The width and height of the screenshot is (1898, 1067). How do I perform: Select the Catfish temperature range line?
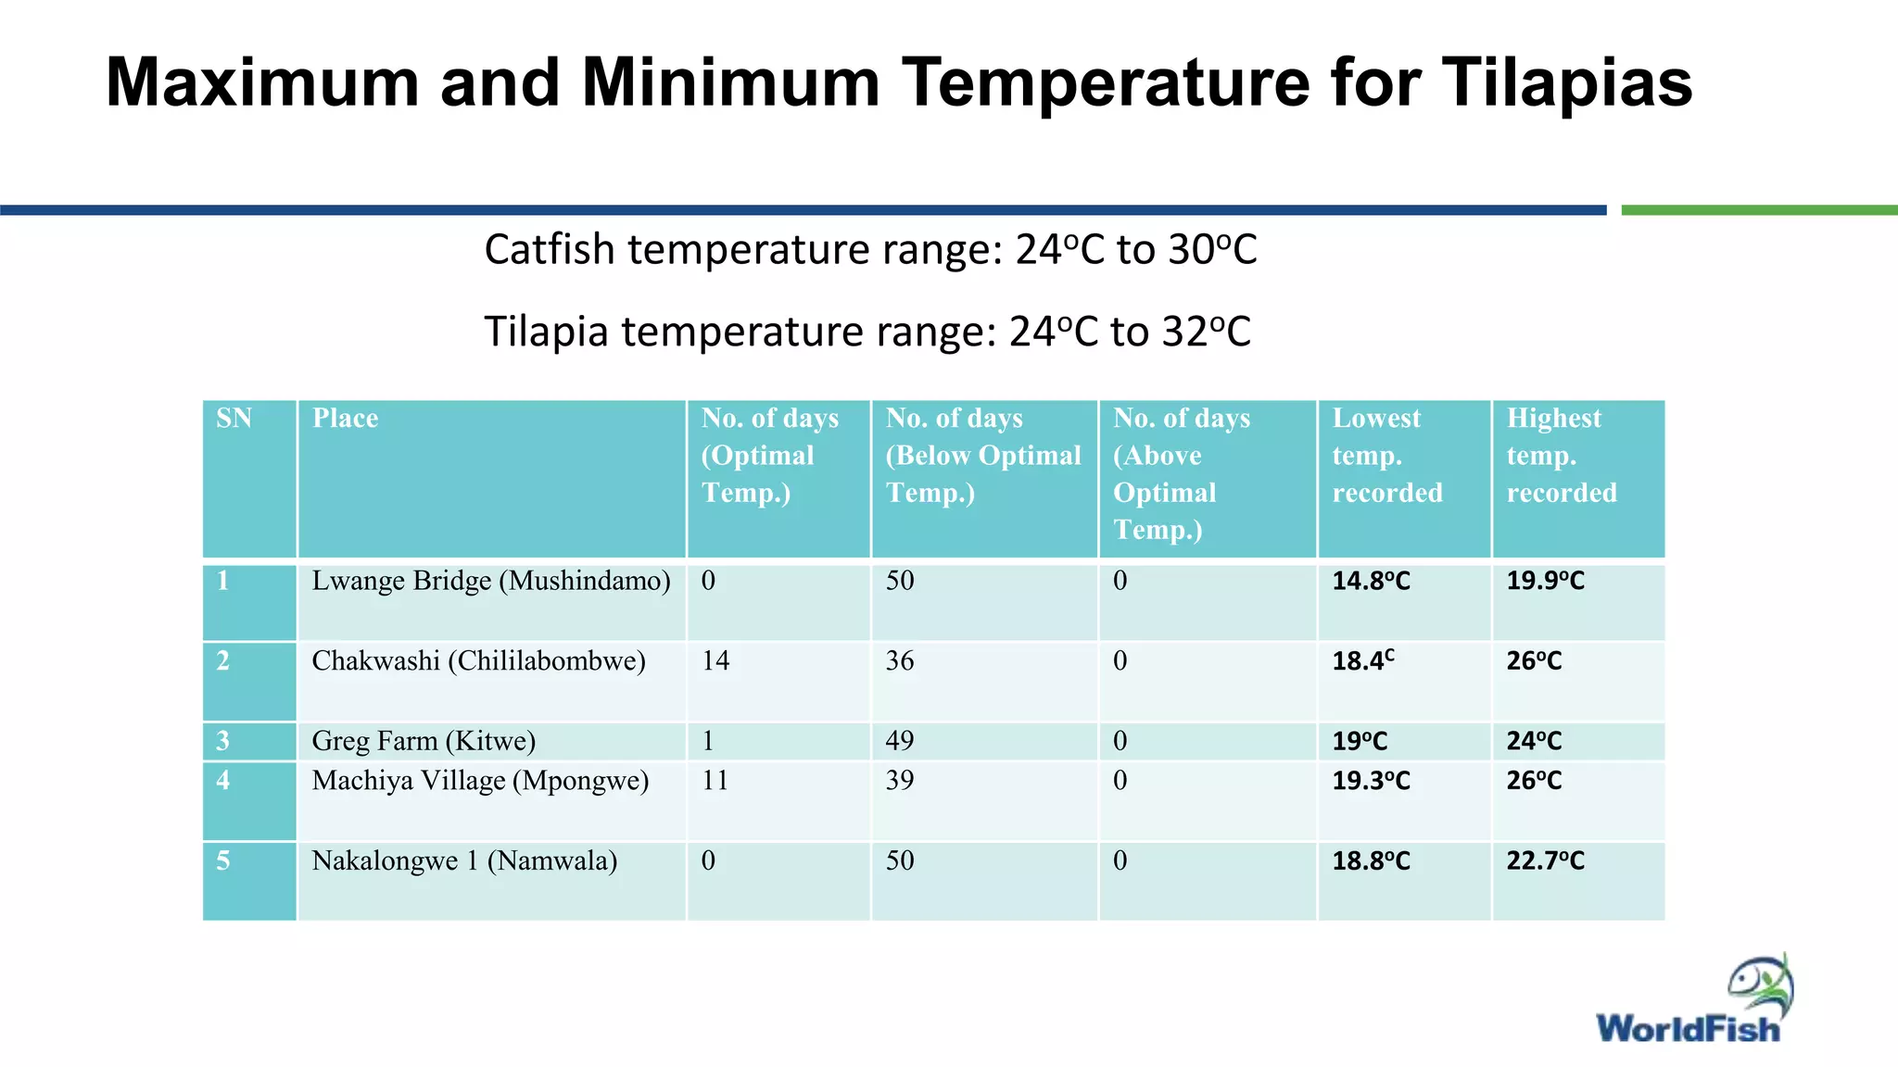[x=870, y=250]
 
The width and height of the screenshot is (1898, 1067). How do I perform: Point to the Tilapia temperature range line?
[x=867, y=332]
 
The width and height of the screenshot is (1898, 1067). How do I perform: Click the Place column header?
[x=345, y=419]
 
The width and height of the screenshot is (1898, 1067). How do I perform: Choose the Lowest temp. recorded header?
[x=1386, y=455]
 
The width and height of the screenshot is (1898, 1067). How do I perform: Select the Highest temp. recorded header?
[x=1561, y=455]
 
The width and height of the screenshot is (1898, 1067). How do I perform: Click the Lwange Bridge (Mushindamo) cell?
[x=490, y=582]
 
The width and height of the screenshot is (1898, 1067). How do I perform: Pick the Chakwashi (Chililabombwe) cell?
[x=478, y=661]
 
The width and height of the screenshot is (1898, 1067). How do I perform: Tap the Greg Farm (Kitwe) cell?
[x=424, y=741]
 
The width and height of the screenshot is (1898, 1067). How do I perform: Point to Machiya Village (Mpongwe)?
[x=480, y=781]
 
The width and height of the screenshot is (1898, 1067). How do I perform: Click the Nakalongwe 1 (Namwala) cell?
[x=464, y=861]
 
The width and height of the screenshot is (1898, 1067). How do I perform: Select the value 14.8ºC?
[x=1371, y=582]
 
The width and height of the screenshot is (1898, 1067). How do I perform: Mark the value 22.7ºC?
[x=1545, y=861]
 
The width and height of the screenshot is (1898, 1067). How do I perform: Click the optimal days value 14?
[x=715, y=661]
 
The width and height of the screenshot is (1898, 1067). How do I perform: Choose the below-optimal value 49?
[x=899, y=741]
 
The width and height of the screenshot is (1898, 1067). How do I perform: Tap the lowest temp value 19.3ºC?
[x=1371, y=781]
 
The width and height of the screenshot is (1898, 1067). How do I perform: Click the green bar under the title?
[x=1758, y=210]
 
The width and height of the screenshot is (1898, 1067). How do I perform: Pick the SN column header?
[x=234, y=419]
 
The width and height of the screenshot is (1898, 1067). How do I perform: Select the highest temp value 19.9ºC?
[x=1545, y=582]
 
